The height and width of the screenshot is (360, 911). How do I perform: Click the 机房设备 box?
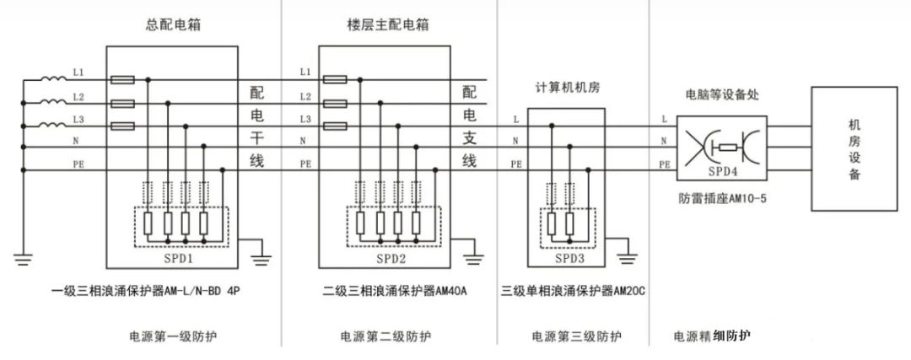854,149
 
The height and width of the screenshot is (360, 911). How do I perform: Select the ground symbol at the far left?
24,255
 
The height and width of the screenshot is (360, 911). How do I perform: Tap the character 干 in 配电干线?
256,137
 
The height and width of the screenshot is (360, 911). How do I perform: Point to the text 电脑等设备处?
721,94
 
